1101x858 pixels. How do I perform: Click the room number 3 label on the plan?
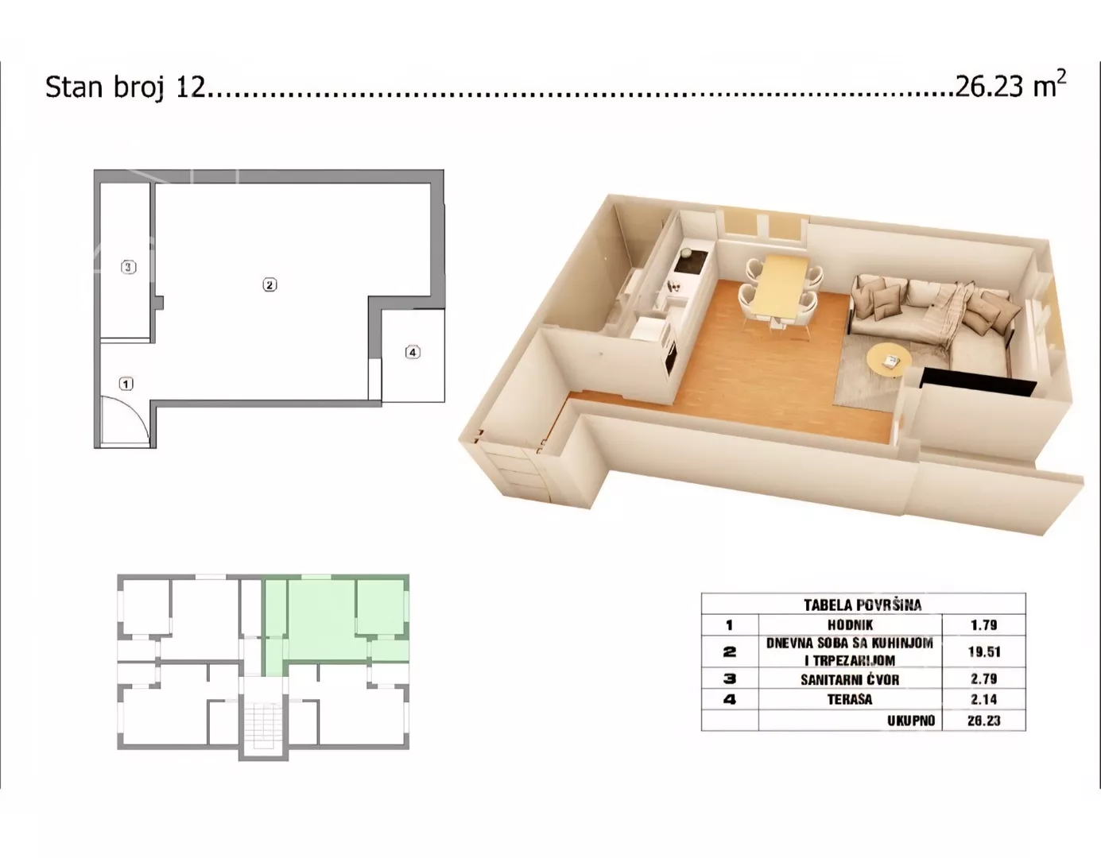(x=129, y=267)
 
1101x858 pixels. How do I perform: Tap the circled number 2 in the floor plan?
(x=269, y=285)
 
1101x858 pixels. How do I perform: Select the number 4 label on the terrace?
(x=413, y=352)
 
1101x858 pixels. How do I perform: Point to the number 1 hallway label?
(x=126, y=385)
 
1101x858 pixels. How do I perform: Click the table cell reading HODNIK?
(x=851, y=625)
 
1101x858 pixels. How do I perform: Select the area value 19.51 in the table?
(x=984, y=651)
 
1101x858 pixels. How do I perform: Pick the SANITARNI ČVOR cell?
(x=851, y=678)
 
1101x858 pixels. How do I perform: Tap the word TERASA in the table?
(x=851, y=700)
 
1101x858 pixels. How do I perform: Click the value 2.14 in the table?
(x=984, y=700)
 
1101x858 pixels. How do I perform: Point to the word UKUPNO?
(x=911, y=721)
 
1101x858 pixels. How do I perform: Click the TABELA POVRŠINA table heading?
(x=863, y=605)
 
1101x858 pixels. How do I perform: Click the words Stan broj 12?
(x=126, y=87)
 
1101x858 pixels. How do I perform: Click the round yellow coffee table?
(x=890, y=360)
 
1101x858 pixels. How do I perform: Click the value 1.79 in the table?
(x=984, y=625)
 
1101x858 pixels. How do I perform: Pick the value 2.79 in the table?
(x=984, y=678)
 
